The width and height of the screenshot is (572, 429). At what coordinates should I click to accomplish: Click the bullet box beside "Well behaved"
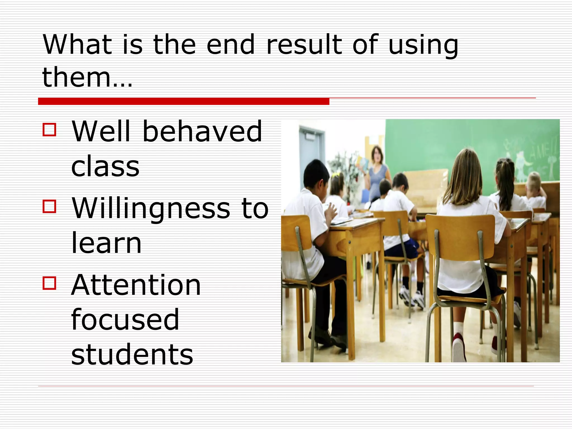click(49, 130)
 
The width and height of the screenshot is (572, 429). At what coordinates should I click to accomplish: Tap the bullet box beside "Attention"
click(49, 283)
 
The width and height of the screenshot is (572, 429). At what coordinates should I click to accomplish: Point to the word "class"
click(105, 166)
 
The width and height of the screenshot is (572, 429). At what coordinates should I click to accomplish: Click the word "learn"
click(106, 243)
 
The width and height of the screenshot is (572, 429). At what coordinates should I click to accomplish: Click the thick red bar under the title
click(183, 101)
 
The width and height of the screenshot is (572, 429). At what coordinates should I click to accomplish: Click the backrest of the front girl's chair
click(461, 237)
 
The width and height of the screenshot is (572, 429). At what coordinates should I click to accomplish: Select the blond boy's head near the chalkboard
click(534, 181)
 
